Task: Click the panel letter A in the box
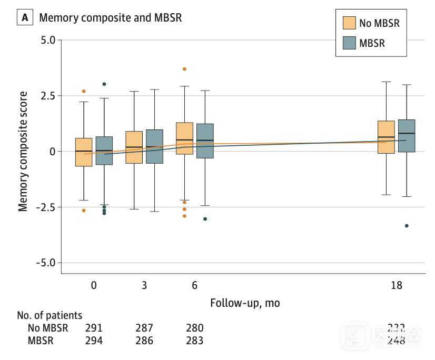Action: coord(24,17)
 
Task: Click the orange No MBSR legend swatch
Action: coord(349,23)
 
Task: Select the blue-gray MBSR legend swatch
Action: coord(349,43)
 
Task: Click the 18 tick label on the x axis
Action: coord(397,286)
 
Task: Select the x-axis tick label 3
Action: coord(144,286)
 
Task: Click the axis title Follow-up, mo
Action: coord(245,303)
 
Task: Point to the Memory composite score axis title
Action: coord(23,152)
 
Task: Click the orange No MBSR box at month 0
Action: coord(84,152)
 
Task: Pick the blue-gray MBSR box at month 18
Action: coord(407,136)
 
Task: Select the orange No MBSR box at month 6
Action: coord(184,138)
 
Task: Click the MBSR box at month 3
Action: coord(154,146)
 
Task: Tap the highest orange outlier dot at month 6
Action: coord(184,69)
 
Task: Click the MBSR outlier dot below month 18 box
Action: coord(407,226)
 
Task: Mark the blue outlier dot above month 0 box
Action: coord(104,84)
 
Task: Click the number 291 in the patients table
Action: coord(94,328)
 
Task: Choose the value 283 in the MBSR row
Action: coord(194,341)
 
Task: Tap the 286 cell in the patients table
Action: coord(144,341)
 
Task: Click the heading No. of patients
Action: coord(50,316)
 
